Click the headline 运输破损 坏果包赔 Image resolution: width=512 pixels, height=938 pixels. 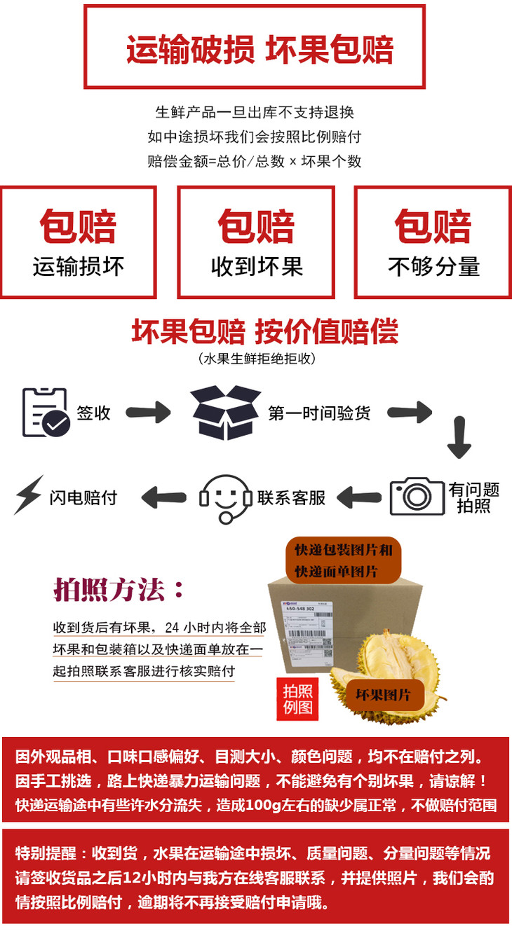[x=260, y=48]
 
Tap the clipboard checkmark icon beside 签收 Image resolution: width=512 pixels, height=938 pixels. [x=46, y=413]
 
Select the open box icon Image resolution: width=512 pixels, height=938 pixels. [x=225, y=413]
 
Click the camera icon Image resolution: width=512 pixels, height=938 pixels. [x=417, y=496]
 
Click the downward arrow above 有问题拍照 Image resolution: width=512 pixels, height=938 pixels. [x=459, y=439]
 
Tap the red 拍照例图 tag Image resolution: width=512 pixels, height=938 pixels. [x=297, y=699]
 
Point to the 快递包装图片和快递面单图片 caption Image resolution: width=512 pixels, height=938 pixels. [x=343, y=560]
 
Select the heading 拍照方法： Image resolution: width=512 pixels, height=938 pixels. [x=120, y=590]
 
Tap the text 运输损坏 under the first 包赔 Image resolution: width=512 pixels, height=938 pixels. [x=78, y=267]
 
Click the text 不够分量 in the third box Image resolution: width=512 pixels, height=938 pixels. [x=433, y=267]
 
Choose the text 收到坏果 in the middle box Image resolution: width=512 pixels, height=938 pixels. [x=256, y=267]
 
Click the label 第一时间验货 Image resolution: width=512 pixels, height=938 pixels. [x=319, y=413]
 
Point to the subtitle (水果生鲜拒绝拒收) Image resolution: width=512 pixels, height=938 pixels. [x=257, y=359]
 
